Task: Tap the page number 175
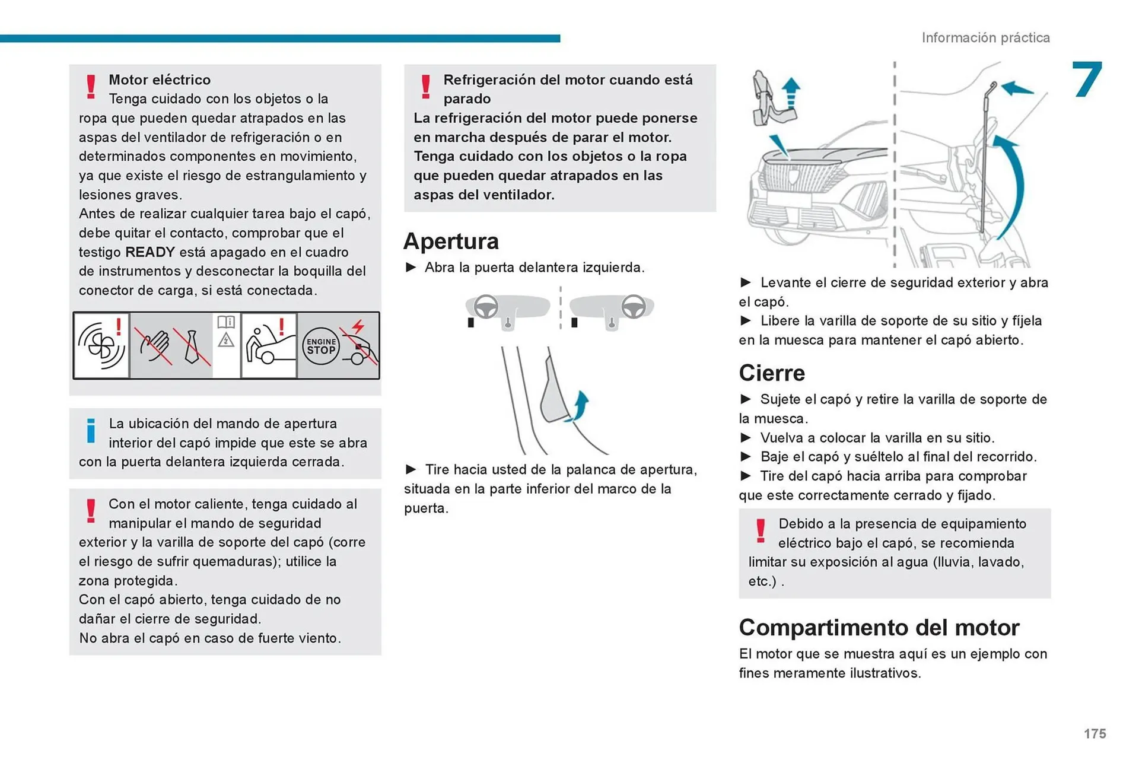(1095, 734)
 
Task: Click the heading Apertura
(451, 241)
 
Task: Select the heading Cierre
(772, 373)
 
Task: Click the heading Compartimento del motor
(879, 628)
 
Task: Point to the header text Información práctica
(985, 38)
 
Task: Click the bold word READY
(149, 252)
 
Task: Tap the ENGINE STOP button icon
(321, 346)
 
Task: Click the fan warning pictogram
(101, 346)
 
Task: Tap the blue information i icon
(91, 431)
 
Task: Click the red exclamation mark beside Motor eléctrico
(91, 87)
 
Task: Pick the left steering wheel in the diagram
(486, 307)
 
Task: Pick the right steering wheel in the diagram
(634, 307)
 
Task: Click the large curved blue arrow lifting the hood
(1013, 184)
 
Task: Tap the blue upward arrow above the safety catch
(790, 93)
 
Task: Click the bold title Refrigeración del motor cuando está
(568, 80)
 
